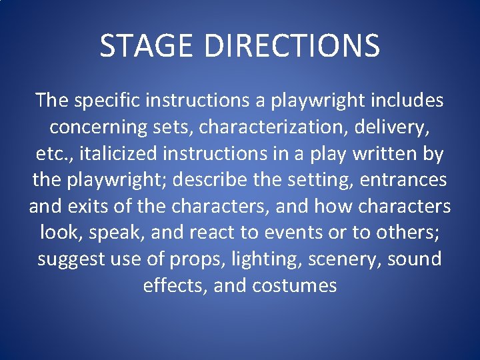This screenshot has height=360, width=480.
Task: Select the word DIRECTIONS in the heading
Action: point(291,45)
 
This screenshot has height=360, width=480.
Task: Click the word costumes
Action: point(295,286)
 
